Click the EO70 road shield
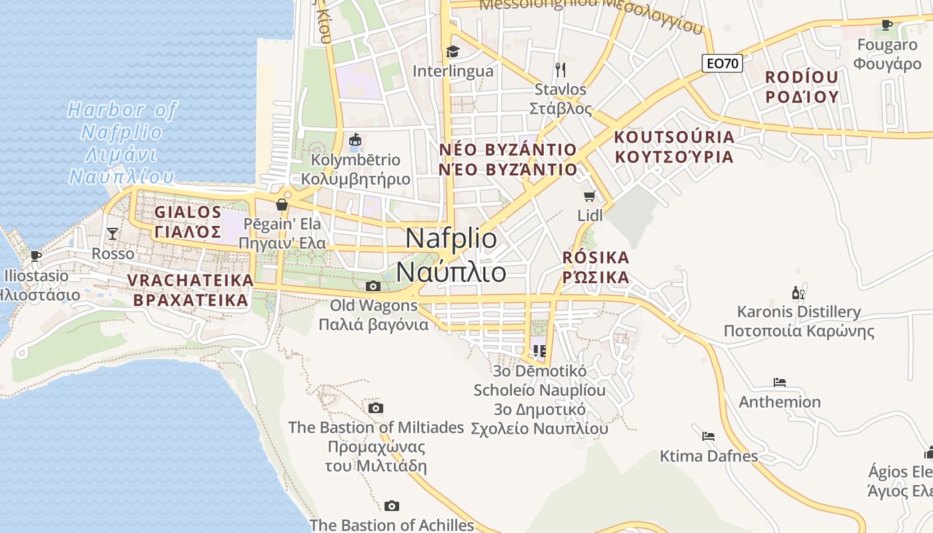[722, 63]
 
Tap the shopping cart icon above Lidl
[589, 196]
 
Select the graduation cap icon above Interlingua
[453, 51]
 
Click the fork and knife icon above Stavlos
[560, 69]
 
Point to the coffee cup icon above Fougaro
[886, 25]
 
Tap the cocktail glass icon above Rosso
[113, 233]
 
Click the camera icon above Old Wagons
[373, 286]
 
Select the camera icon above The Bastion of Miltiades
[376, 408]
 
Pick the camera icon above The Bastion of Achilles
[392, 506]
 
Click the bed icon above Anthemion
[780, 382]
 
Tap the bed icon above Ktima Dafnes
[708, 436]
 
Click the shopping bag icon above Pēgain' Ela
[282, 204]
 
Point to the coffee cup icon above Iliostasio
[36, 256]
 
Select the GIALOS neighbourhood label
[187, 222]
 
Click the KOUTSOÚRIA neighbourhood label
[674, 147]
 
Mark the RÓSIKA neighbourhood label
[596, 267]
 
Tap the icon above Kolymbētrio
[355, 140]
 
